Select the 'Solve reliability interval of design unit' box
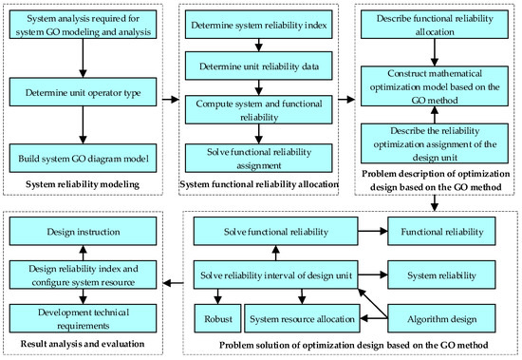[275, 275]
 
